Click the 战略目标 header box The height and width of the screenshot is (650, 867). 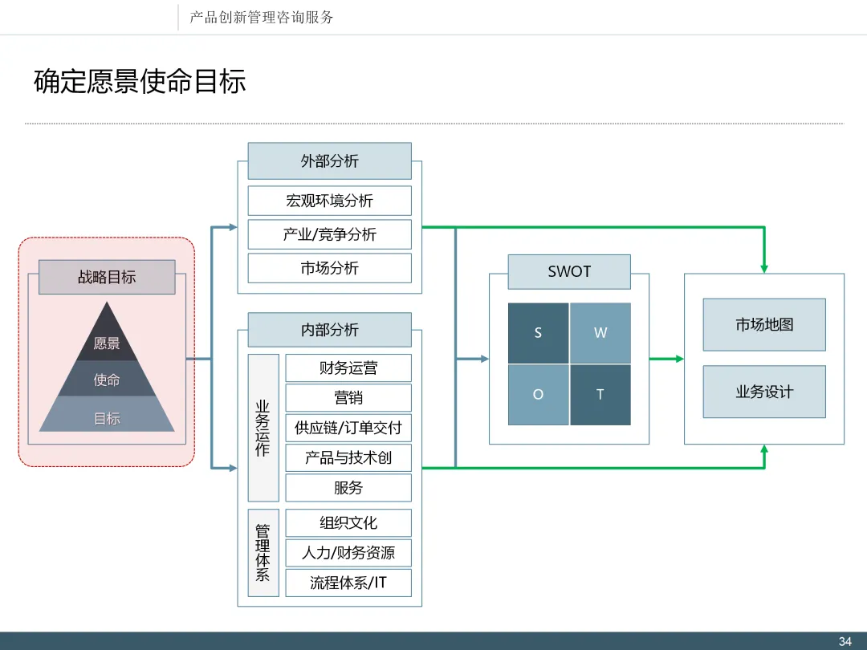point(107,277)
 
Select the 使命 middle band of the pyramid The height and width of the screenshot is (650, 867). point(107,379)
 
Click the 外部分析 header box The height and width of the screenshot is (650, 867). point(330,160)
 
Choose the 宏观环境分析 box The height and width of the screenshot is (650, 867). point(330,201)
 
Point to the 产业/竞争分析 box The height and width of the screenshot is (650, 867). point(330,234)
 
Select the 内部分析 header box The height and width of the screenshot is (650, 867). point(330,330)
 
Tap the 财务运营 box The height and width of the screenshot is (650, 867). point(348,368)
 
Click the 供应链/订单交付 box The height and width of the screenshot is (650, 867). point(348,428)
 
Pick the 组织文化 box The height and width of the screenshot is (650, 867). point(348,523)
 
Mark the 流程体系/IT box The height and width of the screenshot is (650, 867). point(348,583)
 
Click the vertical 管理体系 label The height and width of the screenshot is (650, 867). point(263,553)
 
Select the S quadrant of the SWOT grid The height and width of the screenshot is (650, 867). point(538,333)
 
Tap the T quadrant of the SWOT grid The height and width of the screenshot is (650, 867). point(600,395)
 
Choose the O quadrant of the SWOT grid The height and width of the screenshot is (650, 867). point(538,395)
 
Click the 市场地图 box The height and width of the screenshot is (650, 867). point(764,325)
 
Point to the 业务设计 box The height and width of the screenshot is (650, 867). point(764,392)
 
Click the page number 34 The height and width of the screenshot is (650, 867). point(845,641)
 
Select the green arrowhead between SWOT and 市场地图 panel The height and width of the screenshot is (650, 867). point(680,360)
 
